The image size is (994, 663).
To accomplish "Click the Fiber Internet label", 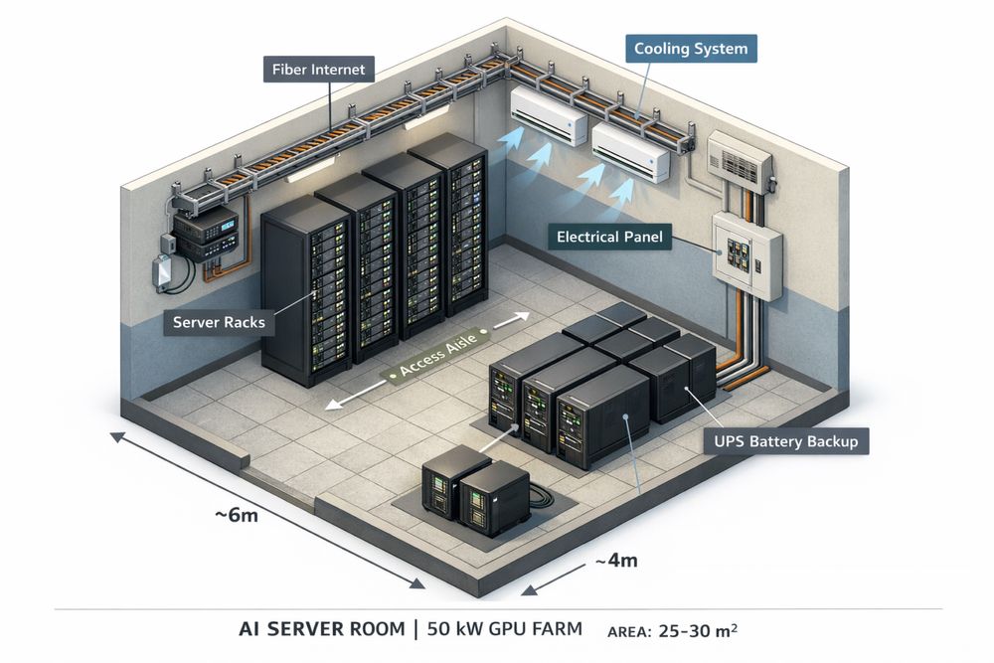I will (319, 71).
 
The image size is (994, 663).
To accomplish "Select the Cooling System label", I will (690, 48).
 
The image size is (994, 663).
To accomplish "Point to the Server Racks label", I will (219, 322).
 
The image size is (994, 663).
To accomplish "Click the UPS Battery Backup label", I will (784, 440).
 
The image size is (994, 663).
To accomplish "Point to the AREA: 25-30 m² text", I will (672, 630).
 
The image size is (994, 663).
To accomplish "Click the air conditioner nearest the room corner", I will (549, 112).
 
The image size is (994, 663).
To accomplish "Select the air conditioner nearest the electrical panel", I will (632, 151).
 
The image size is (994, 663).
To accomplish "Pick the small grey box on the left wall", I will (160, 272).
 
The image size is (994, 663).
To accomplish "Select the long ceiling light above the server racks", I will (316, 169).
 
